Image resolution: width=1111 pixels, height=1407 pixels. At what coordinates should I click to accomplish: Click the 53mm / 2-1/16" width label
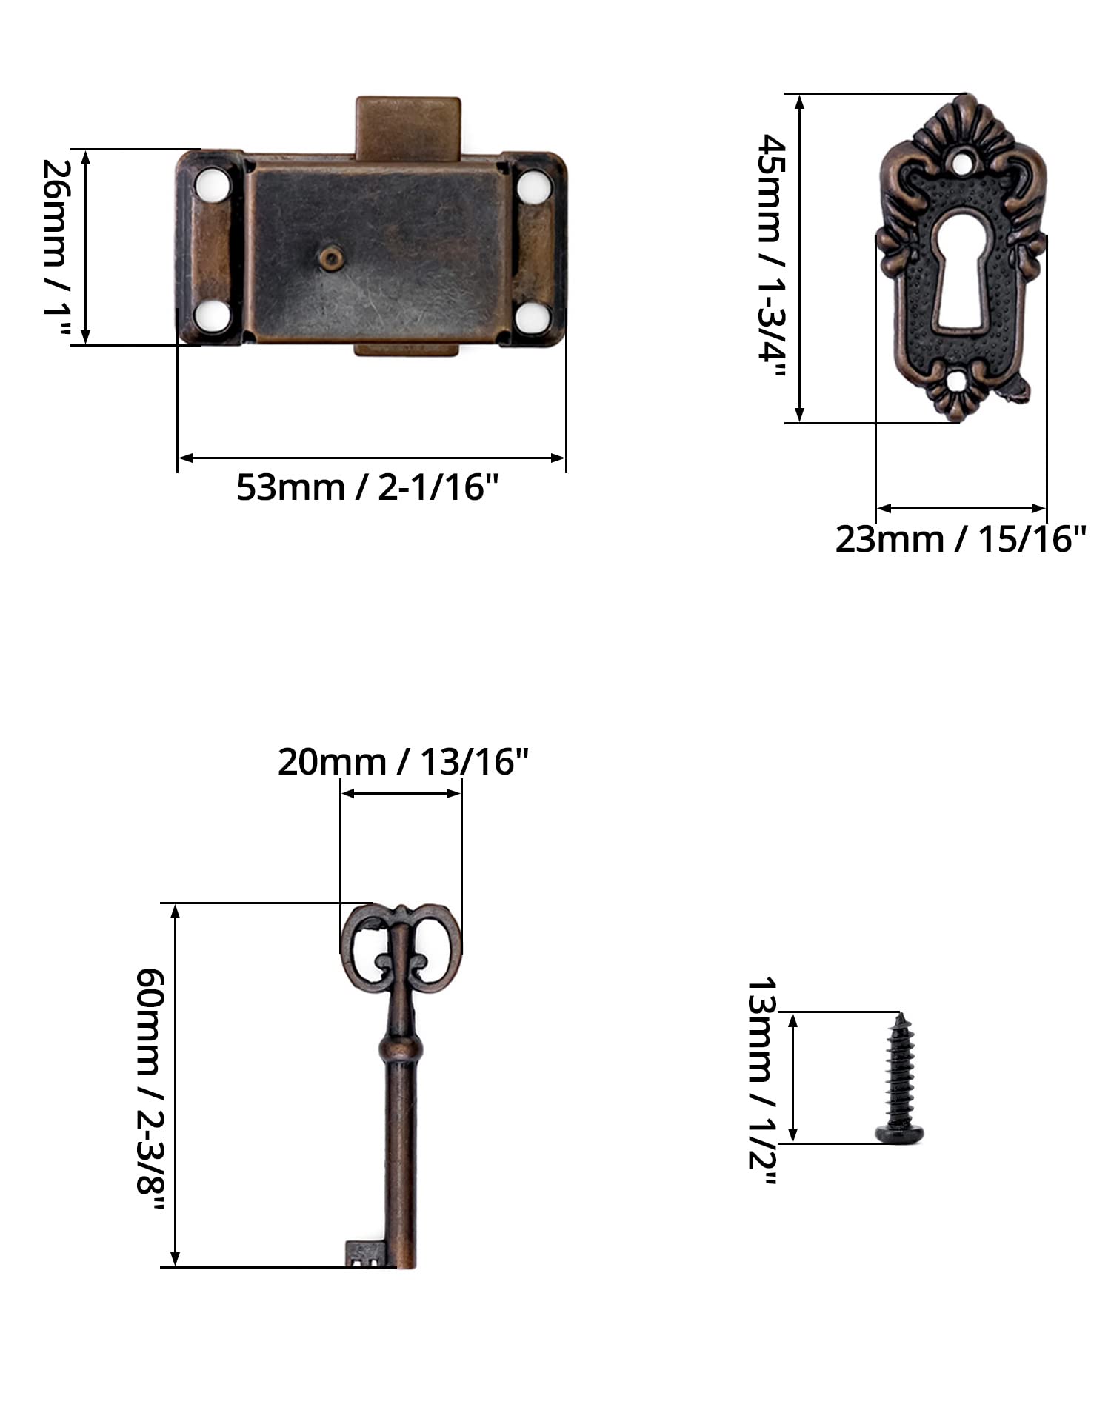tap(368, 487)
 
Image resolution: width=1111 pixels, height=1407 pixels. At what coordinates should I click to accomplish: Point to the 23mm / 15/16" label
tap(961, 538)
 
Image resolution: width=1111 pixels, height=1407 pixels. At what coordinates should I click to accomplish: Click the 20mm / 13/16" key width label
tap(404, 761)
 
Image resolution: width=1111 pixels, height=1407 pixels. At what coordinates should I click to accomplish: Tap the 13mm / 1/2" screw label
tap(761, 1083)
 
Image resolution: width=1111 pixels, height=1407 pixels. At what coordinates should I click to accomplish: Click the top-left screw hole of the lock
tap(213, 184)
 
